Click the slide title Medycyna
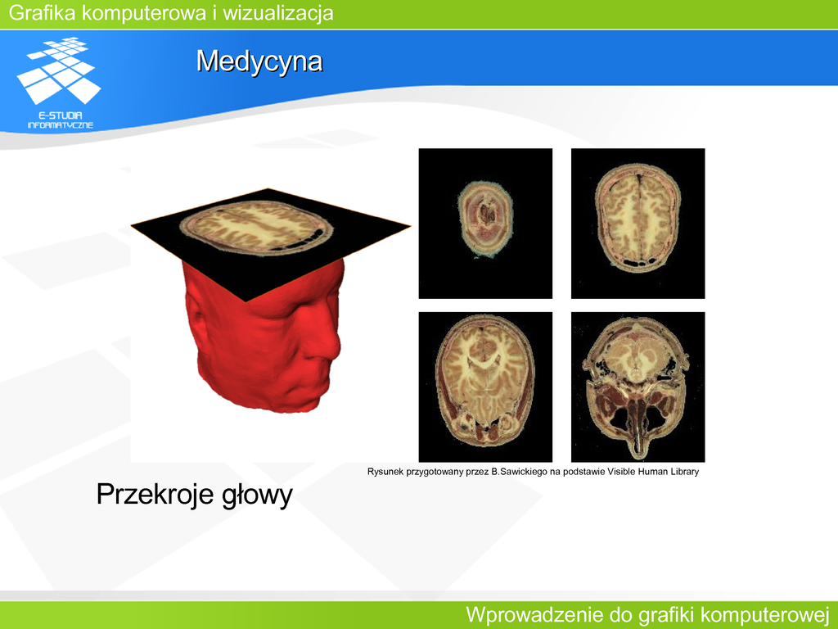[259, 61]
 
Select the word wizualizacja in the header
[278, 13]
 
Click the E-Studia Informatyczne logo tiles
[59, 70]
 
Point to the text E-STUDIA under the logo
[61, 115]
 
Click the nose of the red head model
[332, 344]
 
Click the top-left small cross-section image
[485, 224]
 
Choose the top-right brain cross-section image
[638, 224]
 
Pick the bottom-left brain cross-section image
[485, 387]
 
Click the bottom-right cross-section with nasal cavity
[638, 387]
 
